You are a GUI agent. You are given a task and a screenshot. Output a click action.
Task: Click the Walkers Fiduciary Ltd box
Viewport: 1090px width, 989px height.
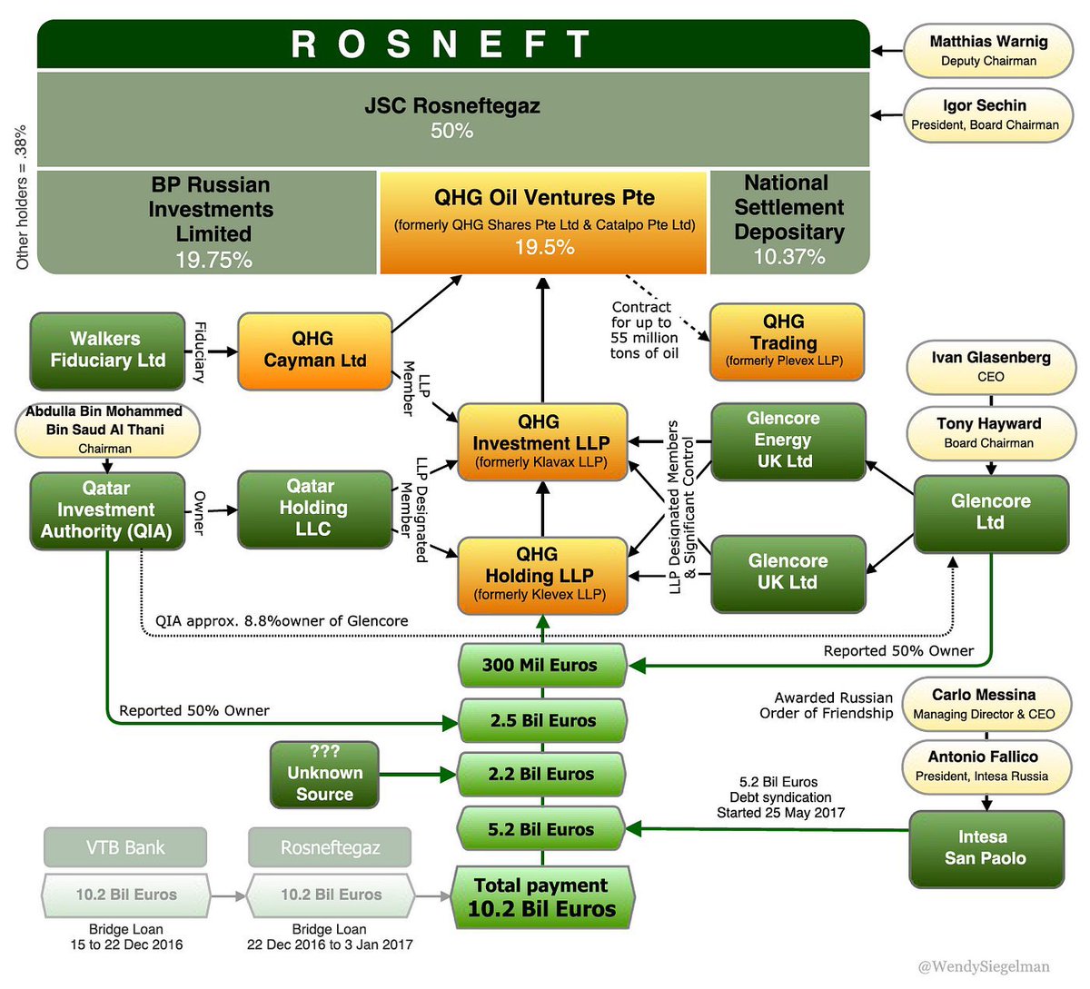coord(107,351)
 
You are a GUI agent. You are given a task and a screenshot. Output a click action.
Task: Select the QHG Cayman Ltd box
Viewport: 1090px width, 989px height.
coord(315,351)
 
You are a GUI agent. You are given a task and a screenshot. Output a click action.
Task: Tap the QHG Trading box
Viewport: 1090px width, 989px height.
coord(787,341)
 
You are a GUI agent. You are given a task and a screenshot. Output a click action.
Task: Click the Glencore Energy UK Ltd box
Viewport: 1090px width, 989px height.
coord(788,441)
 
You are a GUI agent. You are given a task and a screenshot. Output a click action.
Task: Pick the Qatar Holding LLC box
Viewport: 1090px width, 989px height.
coord(315,509)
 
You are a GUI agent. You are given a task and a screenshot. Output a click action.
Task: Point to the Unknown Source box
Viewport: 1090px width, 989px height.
coord(324,775)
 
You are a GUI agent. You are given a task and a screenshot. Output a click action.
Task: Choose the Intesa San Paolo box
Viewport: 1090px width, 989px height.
coord(986,849)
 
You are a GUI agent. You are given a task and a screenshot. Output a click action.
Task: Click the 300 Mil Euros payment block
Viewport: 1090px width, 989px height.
coord(542,665)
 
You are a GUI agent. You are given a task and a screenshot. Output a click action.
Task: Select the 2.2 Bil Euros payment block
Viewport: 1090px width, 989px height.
coord(541,774)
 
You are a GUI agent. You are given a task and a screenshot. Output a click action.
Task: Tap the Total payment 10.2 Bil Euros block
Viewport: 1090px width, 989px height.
coord(541,897)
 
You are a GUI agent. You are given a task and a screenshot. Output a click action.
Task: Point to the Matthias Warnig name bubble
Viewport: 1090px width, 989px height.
coord(988,51)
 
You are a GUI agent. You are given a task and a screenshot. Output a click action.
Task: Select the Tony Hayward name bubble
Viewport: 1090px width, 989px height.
coord(991,433)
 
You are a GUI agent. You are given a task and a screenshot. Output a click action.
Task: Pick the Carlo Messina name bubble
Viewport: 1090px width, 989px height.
coord(986,704)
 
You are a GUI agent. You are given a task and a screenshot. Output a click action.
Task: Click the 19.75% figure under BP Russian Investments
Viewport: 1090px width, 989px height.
coord(213,260)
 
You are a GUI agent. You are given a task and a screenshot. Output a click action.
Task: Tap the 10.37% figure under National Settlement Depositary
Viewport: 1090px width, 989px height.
coord(789,256)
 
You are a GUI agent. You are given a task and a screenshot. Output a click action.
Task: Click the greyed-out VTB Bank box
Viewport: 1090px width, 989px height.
coord(125,847)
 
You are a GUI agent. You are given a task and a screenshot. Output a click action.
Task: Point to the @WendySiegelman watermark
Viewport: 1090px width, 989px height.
coord(984,966)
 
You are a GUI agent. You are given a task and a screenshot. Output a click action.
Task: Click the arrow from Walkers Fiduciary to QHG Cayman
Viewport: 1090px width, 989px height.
coord(223,351)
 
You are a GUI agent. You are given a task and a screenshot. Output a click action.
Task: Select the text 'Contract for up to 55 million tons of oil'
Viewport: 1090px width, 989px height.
coord(644,330)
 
